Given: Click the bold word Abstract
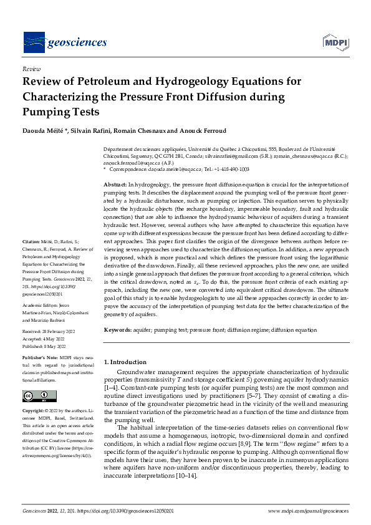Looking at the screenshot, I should pyautogui.click(x=115, y=185).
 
